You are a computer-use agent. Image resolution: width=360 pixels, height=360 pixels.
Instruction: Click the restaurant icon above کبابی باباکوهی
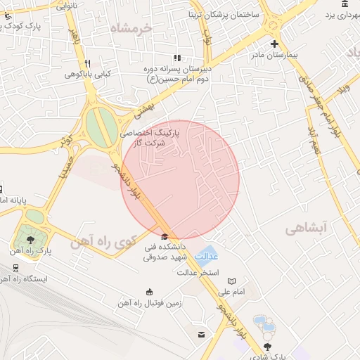pyautogui.click(x=87, y=63)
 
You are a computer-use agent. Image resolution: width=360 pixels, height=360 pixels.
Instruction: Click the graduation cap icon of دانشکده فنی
pyautogui.click(x=165, y=237)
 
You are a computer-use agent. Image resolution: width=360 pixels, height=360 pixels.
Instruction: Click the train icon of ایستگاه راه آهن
pyautogui.click(x=15, y=269)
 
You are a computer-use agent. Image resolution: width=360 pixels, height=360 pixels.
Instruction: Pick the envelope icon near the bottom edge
pyautogui.click(x=202, y=334)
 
